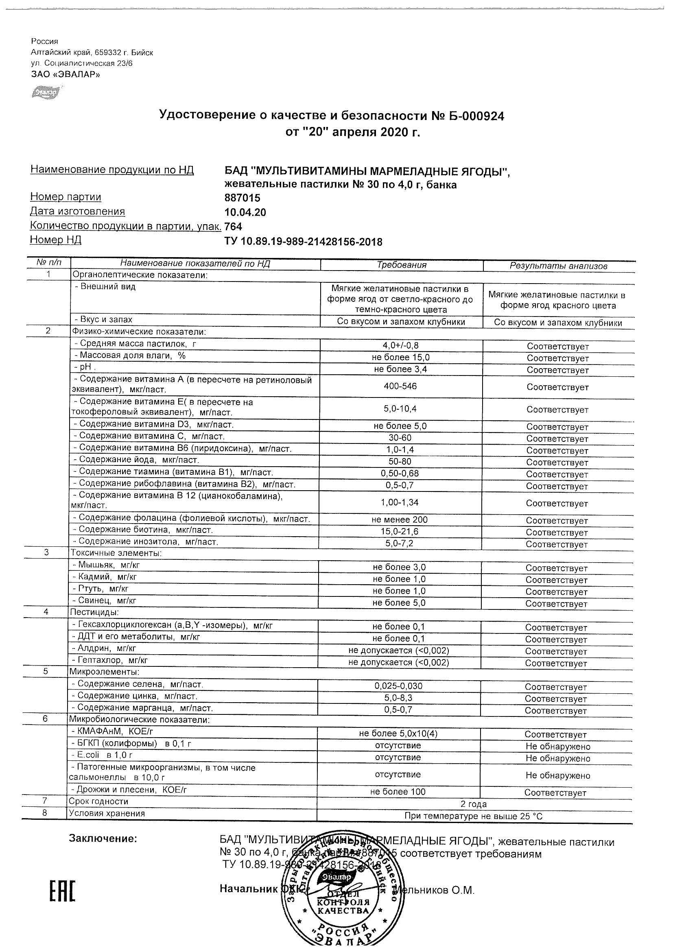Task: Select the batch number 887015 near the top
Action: [242, 198]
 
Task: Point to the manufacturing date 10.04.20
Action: [245, 213]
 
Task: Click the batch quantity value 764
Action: [233, 226]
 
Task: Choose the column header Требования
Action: [401, 265]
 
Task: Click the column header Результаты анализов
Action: [558, 266]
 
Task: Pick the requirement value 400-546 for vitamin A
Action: [400, 386]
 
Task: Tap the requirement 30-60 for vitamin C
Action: [400, 438]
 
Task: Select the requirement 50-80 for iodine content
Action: [400, 461]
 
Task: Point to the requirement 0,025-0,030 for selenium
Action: [398, 686]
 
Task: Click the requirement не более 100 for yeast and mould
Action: [398, 792]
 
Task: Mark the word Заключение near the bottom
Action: [103, 838]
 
